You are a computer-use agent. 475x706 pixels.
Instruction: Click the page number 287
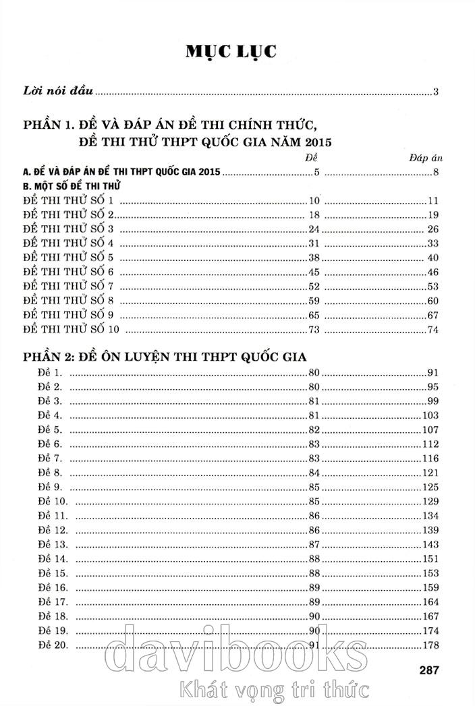coord(429,670)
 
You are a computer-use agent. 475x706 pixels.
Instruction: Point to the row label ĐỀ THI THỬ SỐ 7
coord(70,286)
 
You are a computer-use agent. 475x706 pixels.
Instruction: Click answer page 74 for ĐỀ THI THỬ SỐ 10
coord(433,330)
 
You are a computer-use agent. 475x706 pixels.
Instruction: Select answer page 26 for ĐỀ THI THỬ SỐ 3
coord(433,229)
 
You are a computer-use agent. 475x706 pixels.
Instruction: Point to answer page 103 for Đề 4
coord(430,415)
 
